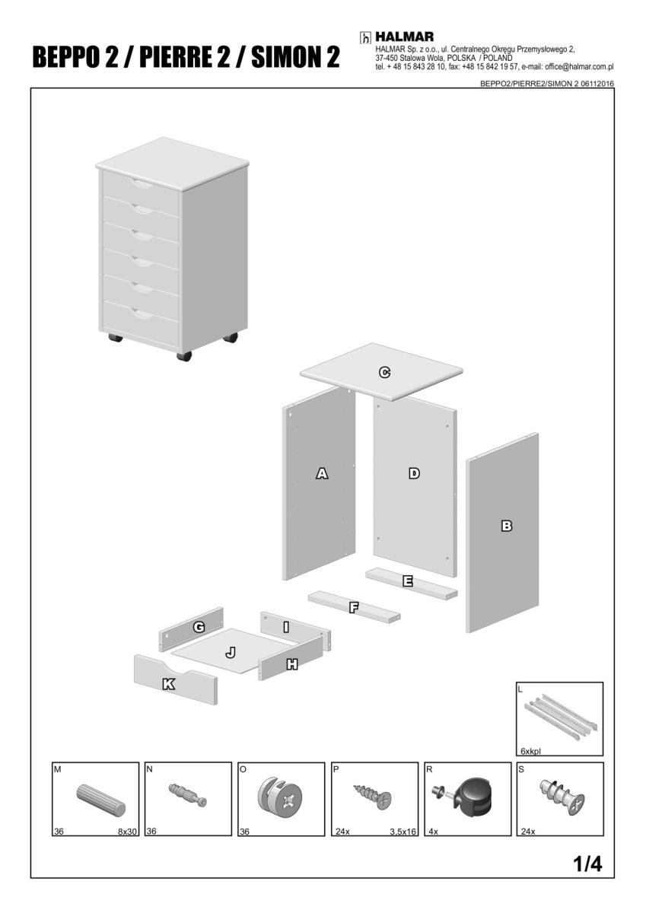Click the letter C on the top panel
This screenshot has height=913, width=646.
coord(384,372)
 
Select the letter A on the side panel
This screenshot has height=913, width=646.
coord(322,473)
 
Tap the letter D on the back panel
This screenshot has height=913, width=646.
coord(414,473)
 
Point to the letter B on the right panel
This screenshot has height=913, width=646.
coord(507,526)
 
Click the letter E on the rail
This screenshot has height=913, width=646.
coord(408,581)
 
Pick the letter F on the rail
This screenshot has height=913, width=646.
coord(354,608)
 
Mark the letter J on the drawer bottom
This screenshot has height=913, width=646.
coord(231,653)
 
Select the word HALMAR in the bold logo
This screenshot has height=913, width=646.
coord(404,37)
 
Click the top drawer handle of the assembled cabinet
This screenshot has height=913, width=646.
coord(142,185)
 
